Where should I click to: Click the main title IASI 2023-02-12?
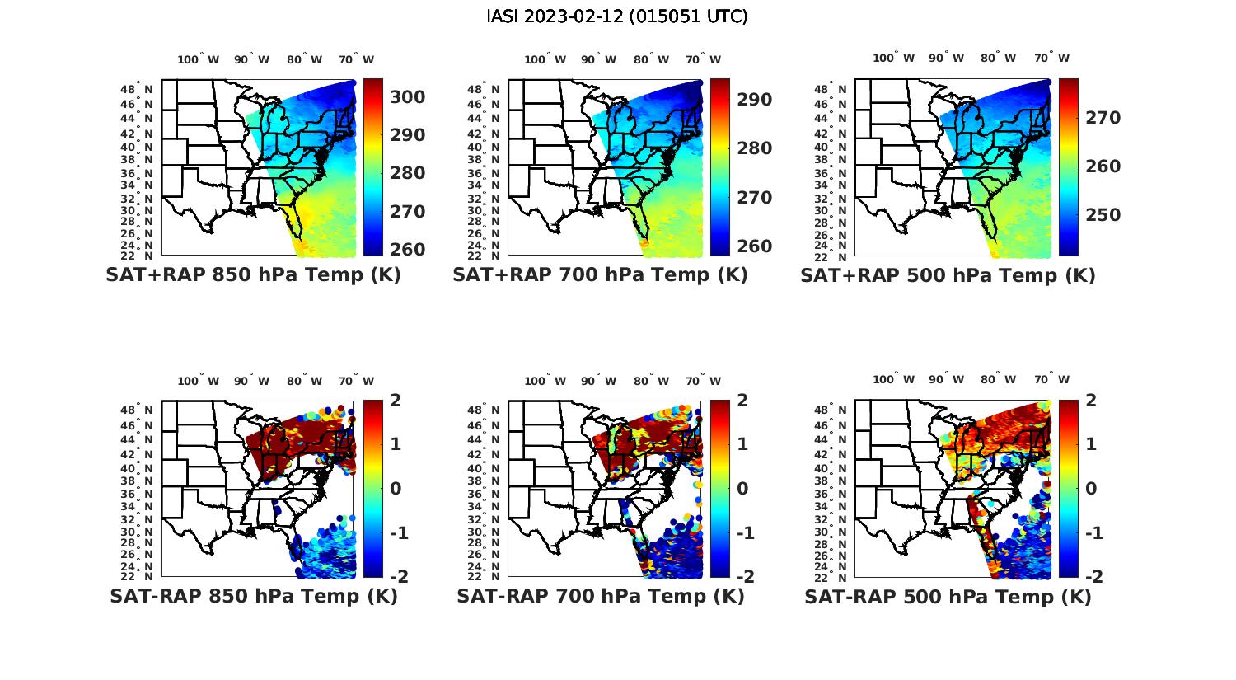(617, 16)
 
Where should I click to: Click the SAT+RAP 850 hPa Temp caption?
(253, 275)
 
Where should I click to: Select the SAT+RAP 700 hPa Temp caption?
(600, 275)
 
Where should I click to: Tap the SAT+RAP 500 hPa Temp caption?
(948, 275)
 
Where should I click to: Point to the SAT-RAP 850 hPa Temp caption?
(253, 596)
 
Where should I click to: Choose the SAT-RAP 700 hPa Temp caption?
(600, 596)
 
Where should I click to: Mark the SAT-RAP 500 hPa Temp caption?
(948, 597)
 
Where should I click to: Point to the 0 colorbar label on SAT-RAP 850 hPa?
(396, 488)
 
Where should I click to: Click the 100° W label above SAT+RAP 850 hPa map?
(199, 59)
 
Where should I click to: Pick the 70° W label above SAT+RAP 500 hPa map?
(1051, 58)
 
